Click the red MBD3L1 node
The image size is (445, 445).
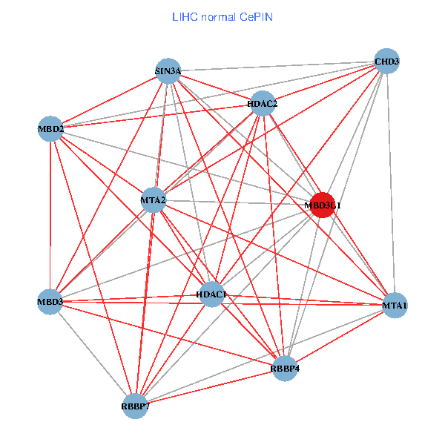pyautogui.click(x=322, y=205)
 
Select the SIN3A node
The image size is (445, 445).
pyautogui.click(x=168, y=72)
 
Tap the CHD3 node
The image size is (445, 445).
pyautogui.click(x=386, y=61)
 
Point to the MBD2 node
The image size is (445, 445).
pyautogui.click(x=50, y=129)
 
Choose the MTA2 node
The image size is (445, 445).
pyautogui.click(x=153, y=200)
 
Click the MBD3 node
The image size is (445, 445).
pyautogui.click(x=50, y=301)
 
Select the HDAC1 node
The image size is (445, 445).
pyautogui.click(x=211, y=294)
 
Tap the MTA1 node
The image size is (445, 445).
pyautogui.click(x=395, y=305)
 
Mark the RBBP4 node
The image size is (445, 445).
pyautogui.click(x=285, y=368)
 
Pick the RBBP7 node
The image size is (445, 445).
pyautogui.click(x=135, y=406)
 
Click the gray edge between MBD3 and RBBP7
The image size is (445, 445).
pyautogui.click(x=93, y=354)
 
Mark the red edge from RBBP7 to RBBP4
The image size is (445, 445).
pyautogui.click(x=210, y=387)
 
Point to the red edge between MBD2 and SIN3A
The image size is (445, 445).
pyautogui.click(x=110, y=100)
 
